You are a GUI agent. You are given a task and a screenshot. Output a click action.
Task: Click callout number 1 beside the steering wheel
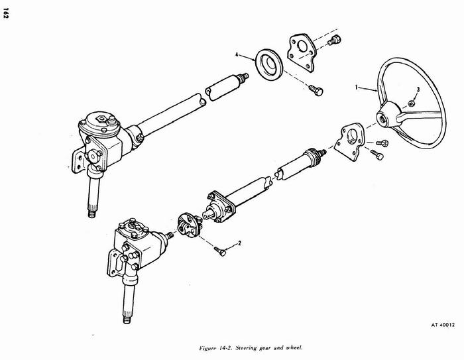[357, 87]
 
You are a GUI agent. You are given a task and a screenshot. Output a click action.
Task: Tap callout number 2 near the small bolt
[240, 243]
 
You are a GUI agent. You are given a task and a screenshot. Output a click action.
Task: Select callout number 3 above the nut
[418, 90]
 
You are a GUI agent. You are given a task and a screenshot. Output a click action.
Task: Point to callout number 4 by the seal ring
[237, 54]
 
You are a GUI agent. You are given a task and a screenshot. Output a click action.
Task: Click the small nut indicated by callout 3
[411, 103]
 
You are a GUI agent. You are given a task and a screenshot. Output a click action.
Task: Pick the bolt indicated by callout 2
[220, 251]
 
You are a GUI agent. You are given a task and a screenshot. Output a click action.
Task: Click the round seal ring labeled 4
[269, 65]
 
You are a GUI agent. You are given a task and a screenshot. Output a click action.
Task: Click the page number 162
[5, 13]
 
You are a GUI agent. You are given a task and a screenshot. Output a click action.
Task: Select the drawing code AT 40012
[443, 325]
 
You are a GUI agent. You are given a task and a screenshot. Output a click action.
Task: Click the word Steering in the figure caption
[247, 347]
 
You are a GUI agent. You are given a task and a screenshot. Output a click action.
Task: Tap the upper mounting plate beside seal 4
[302, 52]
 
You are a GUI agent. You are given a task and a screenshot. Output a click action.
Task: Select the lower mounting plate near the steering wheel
[350, 142]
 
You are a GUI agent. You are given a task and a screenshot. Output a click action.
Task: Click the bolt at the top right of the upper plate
[334, 40]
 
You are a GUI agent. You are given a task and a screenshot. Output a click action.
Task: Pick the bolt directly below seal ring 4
[316, 90]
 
